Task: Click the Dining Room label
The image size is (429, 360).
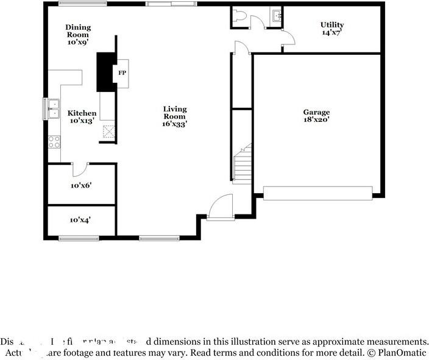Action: [78, 27]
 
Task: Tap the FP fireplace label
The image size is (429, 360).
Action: [122, 73]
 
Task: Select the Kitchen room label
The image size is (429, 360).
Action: [82, 113]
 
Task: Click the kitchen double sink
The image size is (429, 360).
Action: [54, 108]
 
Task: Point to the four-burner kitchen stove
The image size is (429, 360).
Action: [54, 142]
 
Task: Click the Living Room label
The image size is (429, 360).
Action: [174, 112]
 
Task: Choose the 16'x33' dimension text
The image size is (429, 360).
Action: [174, 124]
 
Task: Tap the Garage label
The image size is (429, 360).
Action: [316, 112]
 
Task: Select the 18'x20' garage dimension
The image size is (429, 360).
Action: [316, 120]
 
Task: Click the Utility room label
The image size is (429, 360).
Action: [332, 25]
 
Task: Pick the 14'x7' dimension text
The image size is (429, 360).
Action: [332, 32]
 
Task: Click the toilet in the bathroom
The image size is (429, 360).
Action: [239, 17]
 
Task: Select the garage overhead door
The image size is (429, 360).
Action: [317, 193]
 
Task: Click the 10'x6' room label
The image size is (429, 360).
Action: [81, 185]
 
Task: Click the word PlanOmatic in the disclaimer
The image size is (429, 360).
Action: [403, 353]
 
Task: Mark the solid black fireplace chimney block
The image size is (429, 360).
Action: [106, 70]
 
